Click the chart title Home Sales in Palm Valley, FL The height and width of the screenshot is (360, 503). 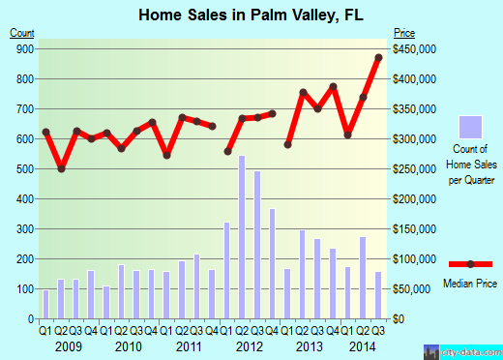click(x=251, y=15)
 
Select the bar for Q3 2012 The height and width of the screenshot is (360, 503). click(x=257, y=244)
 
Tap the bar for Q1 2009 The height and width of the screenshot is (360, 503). click(x=45, y=304)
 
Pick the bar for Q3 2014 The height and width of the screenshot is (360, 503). click(x=378, y=295)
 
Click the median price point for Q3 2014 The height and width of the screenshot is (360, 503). click(x=378, y=57)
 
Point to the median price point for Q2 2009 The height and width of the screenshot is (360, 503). click(x=61, y=169)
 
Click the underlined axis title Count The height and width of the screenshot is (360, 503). click(x=22, y=34)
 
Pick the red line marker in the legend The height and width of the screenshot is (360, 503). click(x=470, y=263)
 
